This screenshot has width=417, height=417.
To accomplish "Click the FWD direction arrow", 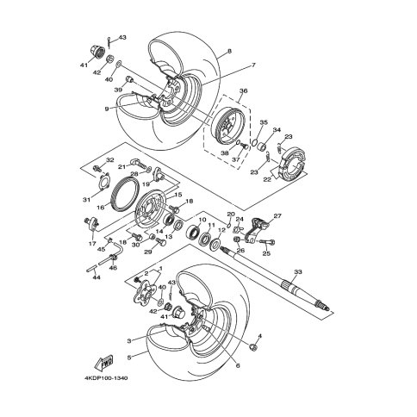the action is coord(103,363).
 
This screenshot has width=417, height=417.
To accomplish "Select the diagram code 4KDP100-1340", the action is coord(106,378).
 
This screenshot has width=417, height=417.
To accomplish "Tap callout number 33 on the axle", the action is coord(298,271).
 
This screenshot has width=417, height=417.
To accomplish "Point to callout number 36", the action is coord(243,90).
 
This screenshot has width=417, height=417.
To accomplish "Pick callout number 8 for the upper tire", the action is coord(229,52).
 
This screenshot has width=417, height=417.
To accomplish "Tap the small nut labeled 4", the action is coord(253,348).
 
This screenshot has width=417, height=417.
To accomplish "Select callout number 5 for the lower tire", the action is coord(129,358).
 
